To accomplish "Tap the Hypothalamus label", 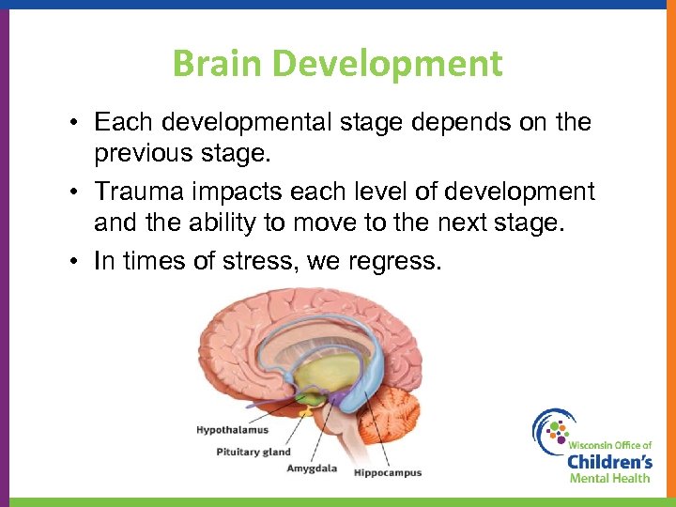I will tap(232, 430).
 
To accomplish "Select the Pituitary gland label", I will tap(253, 452).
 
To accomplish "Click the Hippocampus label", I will tap(388, 473).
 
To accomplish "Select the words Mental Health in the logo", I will tap(610, 479).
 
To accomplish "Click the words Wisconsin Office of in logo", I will tap(608, 442).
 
